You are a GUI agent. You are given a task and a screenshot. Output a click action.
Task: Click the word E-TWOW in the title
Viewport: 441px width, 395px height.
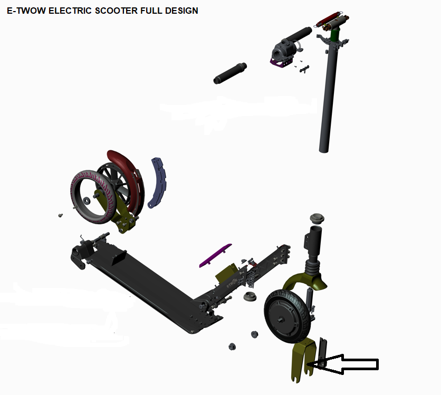click(x=26, y=11)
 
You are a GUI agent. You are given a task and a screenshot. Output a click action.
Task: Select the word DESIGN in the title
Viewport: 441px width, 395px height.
click(x=181, y=11)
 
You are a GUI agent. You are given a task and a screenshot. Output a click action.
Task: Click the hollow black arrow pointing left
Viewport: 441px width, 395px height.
click(x=343, y=364)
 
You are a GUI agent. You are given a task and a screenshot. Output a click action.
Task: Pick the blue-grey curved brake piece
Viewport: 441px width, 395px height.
click(x=158, y=183)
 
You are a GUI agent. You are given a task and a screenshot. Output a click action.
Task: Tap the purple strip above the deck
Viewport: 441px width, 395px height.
click(x=215, y=255)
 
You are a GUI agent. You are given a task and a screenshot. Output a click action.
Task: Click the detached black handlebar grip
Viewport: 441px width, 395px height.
click(x=230, y=73)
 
